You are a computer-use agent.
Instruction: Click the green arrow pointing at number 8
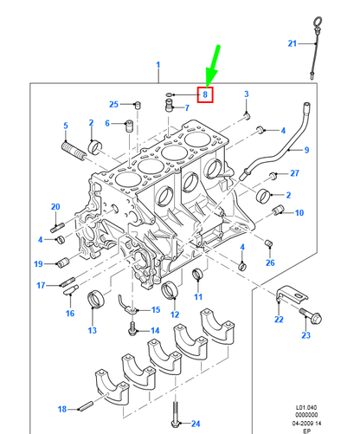[x=213, y=67]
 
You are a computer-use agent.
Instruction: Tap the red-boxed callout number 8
[x=205, y=94]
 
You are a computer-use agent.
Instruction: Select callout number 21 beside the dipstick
[x=292, y=43]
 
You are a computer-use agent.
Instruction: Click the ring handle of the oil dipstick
[x=318, y=22]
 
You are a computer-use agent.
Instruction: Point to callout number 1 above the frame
[x=158, y=65]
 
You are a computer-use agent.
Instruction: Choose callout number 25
[x=113, y=104]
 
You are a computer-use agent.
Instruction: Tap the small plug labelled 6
[x=129, y=126]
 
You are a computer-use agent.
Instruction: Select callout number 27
[x=294, y=173]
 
